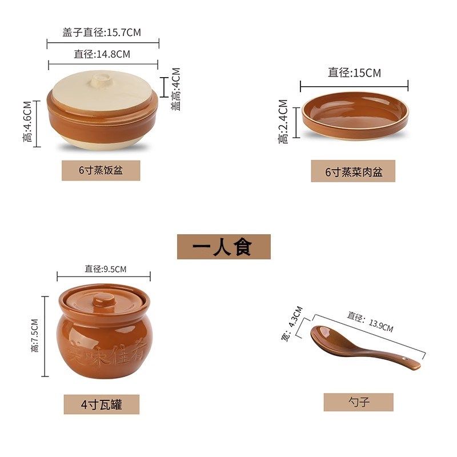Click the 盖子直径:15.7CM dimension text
coord(102,33)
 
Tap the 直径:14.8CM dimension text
coord(102,54)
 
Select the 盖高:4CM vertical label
coord(175,89)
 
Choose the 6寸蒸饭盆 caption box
coord(101,170)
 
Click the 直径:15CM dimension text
coord(354,73)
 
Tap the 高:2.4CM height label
coord(283,121)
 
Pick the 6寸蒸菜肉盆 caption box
coord(353,171)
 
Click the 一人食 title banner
coord(223,247)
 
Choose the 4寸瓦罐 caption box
coord(101,404)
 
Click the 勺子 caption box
coord(358,402)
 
